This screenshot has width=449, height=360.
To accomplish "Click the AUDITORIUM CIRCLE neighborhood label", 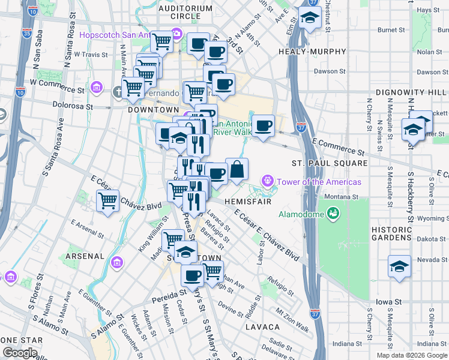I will coord(185,8).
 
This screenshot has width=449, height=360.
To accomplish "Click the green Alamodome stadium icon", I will coord(332,212).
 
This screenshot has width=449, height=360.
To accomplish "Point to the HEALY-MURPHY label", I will coord(307,52).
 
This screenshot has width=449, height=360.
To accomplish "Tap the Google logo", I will coord(20,353).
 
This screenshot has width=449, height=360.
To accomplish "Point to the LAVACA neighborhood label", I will coord(262,327).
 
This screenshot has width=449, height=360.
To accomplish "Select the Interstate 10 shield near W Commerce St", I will coord(20,92).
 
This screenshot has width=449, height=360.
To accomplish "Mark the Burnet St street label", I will coord(391,29).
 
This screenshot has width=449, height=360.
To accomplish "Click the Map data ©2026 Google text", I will coord(411,355).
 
